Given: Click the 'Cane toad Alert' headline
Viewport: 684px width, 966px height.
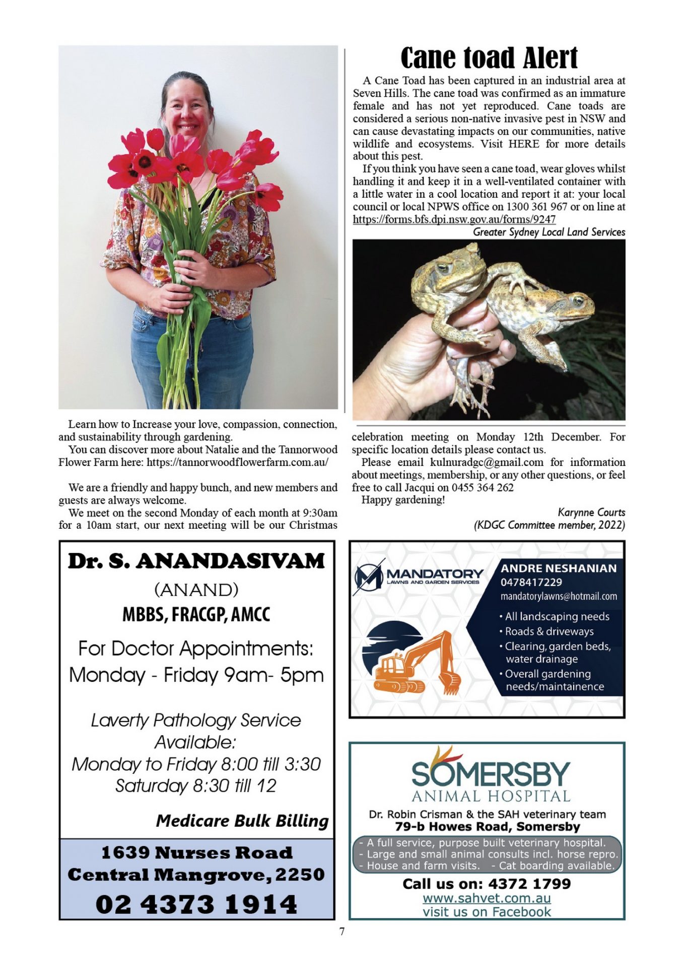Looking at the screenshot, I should click(x=489, y=58).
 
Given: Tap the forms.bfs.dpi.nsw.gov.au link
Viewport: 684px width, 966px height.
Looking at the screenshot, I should click(x=454, y=219).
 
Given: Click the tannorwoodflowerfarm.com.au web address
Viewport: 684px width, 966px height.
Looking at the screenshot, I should click(x=237, y=462).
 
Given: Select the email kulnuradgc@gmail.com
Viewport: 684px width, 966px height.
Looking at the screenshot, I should click(x=487, y=462).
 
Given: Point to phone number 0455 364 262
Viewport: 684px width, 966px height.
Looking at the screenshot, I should click(x=482, y=487).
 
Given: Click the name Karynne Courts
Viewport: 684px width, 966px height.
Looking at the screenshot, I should click(x=591, y=512).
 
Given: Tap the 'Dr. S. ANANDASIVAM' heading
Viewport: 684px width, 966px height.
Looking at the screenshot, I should click(x=196, y=561).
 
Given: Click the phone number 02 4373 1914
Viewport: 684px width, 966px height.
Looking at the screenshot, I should click(x=196, y=904).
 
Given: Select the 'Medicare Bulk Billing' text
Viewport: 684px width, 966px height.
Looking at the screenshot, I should click(x=242, y=821).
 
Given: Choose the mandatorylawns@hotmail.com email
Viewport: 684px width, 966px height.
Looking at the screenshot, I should click(x=558, y=596).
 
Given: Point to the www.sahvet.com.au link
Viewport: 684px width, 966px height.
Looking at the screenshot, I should click(x=486, y=898).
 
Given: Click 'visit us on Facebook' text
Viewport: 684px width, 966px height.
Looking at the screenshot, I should click(x=486, y=912).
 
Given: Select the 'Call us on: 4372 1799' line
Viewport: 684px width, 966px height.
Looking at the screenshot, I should click(x=486, y=884).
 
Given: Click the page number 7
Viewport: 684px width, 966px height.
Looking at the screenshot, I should click(x=342, y=931).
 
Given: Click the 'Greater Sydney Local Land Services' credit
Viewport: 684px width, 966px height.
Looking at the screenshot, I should click(x=549, y=232).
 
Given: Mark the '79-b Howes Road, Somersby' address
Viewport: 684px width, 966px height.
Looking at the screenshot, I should click(x=487, y=827).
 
